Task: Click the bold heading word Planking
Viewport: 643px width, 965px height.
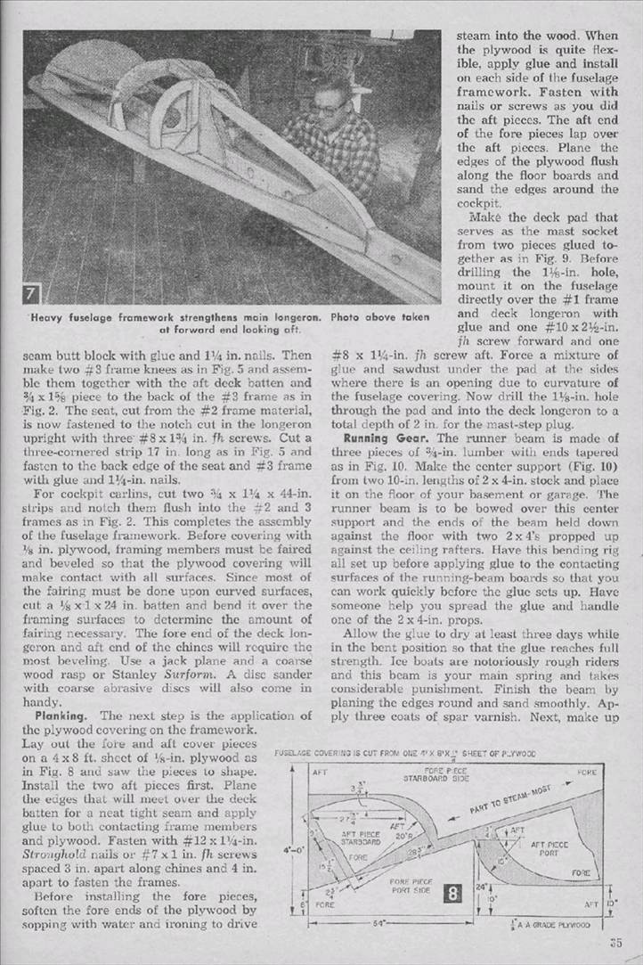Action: tap(65, 716)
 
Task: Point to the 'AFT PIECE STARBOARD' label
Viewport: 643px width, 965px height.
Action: tap(354, 839)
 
